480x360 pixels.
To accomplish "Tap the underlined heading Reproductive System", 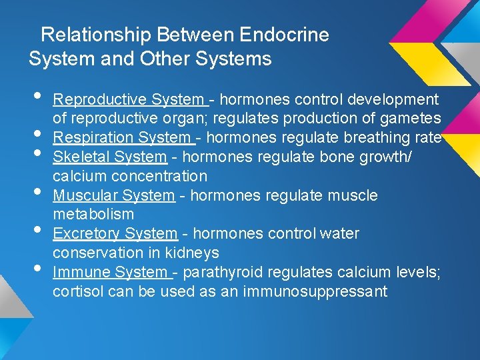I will click(129, 100).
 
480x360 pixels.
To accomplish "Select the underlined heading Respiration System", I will click(123, 138).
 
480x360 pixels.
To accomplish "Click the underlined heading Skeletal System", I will click(110, 157).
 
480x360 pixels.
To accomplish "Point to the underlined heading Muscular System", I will click(113, 196).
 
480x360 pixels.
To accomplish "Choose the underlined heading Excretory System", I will click(115, 234).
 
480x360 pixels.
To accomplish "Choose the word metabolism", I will click(93, 215).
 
